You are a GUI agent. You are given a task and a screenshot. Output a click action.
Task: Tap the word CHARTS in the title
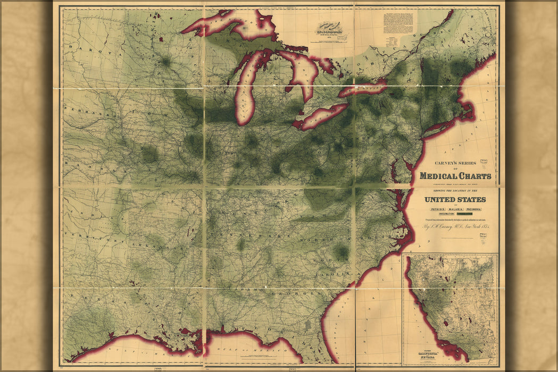click(474, 176)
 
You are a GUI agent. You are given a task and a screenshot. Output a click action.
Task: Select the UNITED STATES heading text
click(455, 199)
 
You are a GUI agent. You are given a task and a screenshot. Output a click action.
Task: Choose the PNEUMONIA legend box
click(477, 209)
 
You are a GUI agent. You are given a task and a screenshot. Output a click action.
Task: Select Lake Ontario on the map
click(363, 88)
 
